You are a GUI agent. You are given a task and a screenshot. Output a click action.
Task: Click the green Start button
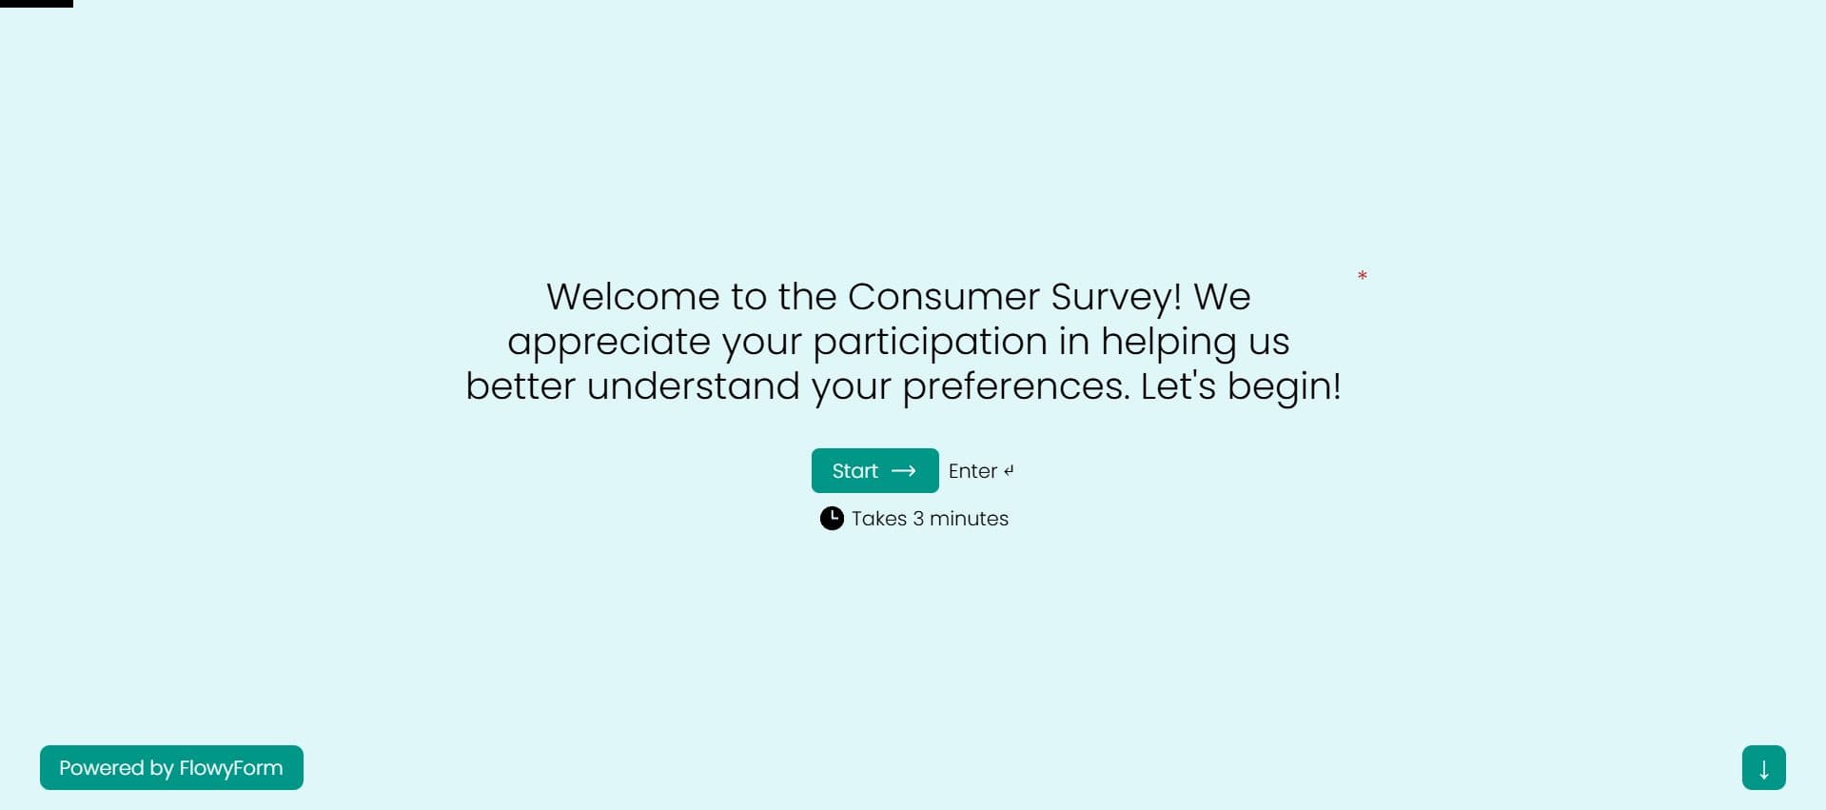coord(874,470)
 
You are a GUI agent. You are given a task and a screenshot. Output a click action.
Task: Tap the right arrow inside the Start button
coord(903,471)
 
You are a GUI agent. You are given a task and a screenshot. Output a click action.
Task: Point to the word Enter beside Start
coord(972,471)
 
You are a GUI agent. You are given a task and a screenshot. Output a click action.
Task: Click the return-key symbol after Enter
coord(1009,470)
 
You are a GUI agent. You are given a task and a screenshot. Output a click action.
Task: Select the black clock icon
coord(832,518)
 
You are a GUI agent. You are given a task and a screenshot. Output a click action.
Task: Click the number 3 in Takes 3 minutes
coord(918,519)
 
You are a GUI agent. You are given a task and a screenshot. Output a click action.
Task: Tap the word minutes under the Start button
coord(969,519)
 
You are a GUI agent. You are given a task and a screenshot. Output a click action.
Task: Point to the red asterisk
coord(1363,276)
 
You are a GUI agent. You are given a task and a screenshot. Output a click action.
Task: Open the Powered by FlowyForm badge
coord(171,767)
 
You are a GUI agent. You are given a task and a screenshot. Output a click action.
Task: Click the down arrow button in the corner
coord(1764,767)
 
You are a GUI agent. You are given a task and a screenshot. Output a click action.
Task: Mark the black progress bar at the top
coord(36,4)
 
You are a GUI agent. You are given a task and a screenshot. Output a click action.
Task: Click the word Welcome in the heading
coord(633,296)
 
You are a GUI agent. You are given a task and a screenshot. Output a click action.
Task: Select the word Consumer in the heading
coord(944,296)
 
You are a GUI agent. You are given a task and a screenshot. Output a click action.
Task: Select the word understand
coord(694,386)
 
